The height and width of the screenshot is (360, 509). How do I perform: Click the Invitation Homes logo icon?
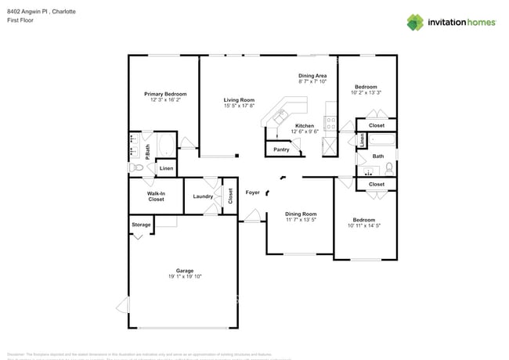414,22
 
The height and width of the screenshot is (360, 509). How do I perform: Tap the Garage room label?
185,270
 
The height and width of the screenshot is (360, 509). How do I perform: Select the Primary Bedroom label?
164,94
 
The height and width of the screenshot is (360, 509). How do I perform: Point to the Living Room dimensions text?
239,106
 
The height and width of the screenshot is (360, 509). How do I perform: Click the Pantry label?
281,149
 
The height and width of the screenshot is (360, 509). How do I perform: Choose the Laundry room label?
203,196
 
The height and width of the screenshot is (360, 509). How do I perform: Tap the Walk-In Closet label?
156,196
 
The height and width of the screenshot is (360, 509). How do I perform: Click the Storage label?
141,225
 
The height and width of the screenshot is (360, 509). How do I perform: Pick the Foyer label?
252,192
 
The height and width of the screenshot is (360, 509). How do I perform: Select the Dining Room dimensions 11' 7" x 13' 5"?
301,220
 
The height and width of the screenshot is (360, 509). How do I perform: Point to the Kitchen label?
305,126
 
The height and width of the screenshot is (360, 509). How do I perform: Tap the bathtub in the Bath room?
382,142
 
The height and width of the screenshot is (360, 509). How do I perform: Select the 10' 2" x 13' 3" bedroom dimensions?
366,92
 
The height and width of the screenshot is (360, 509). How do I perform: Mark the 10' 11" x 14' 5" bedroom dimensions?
364,226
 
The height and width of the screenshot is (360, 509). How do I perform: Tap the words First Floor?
20,20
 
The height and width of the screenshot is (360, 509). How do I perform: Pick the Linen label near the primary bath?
166,168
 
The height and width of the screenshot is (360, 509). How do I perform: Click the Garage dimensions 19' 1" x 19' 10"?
185,276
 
